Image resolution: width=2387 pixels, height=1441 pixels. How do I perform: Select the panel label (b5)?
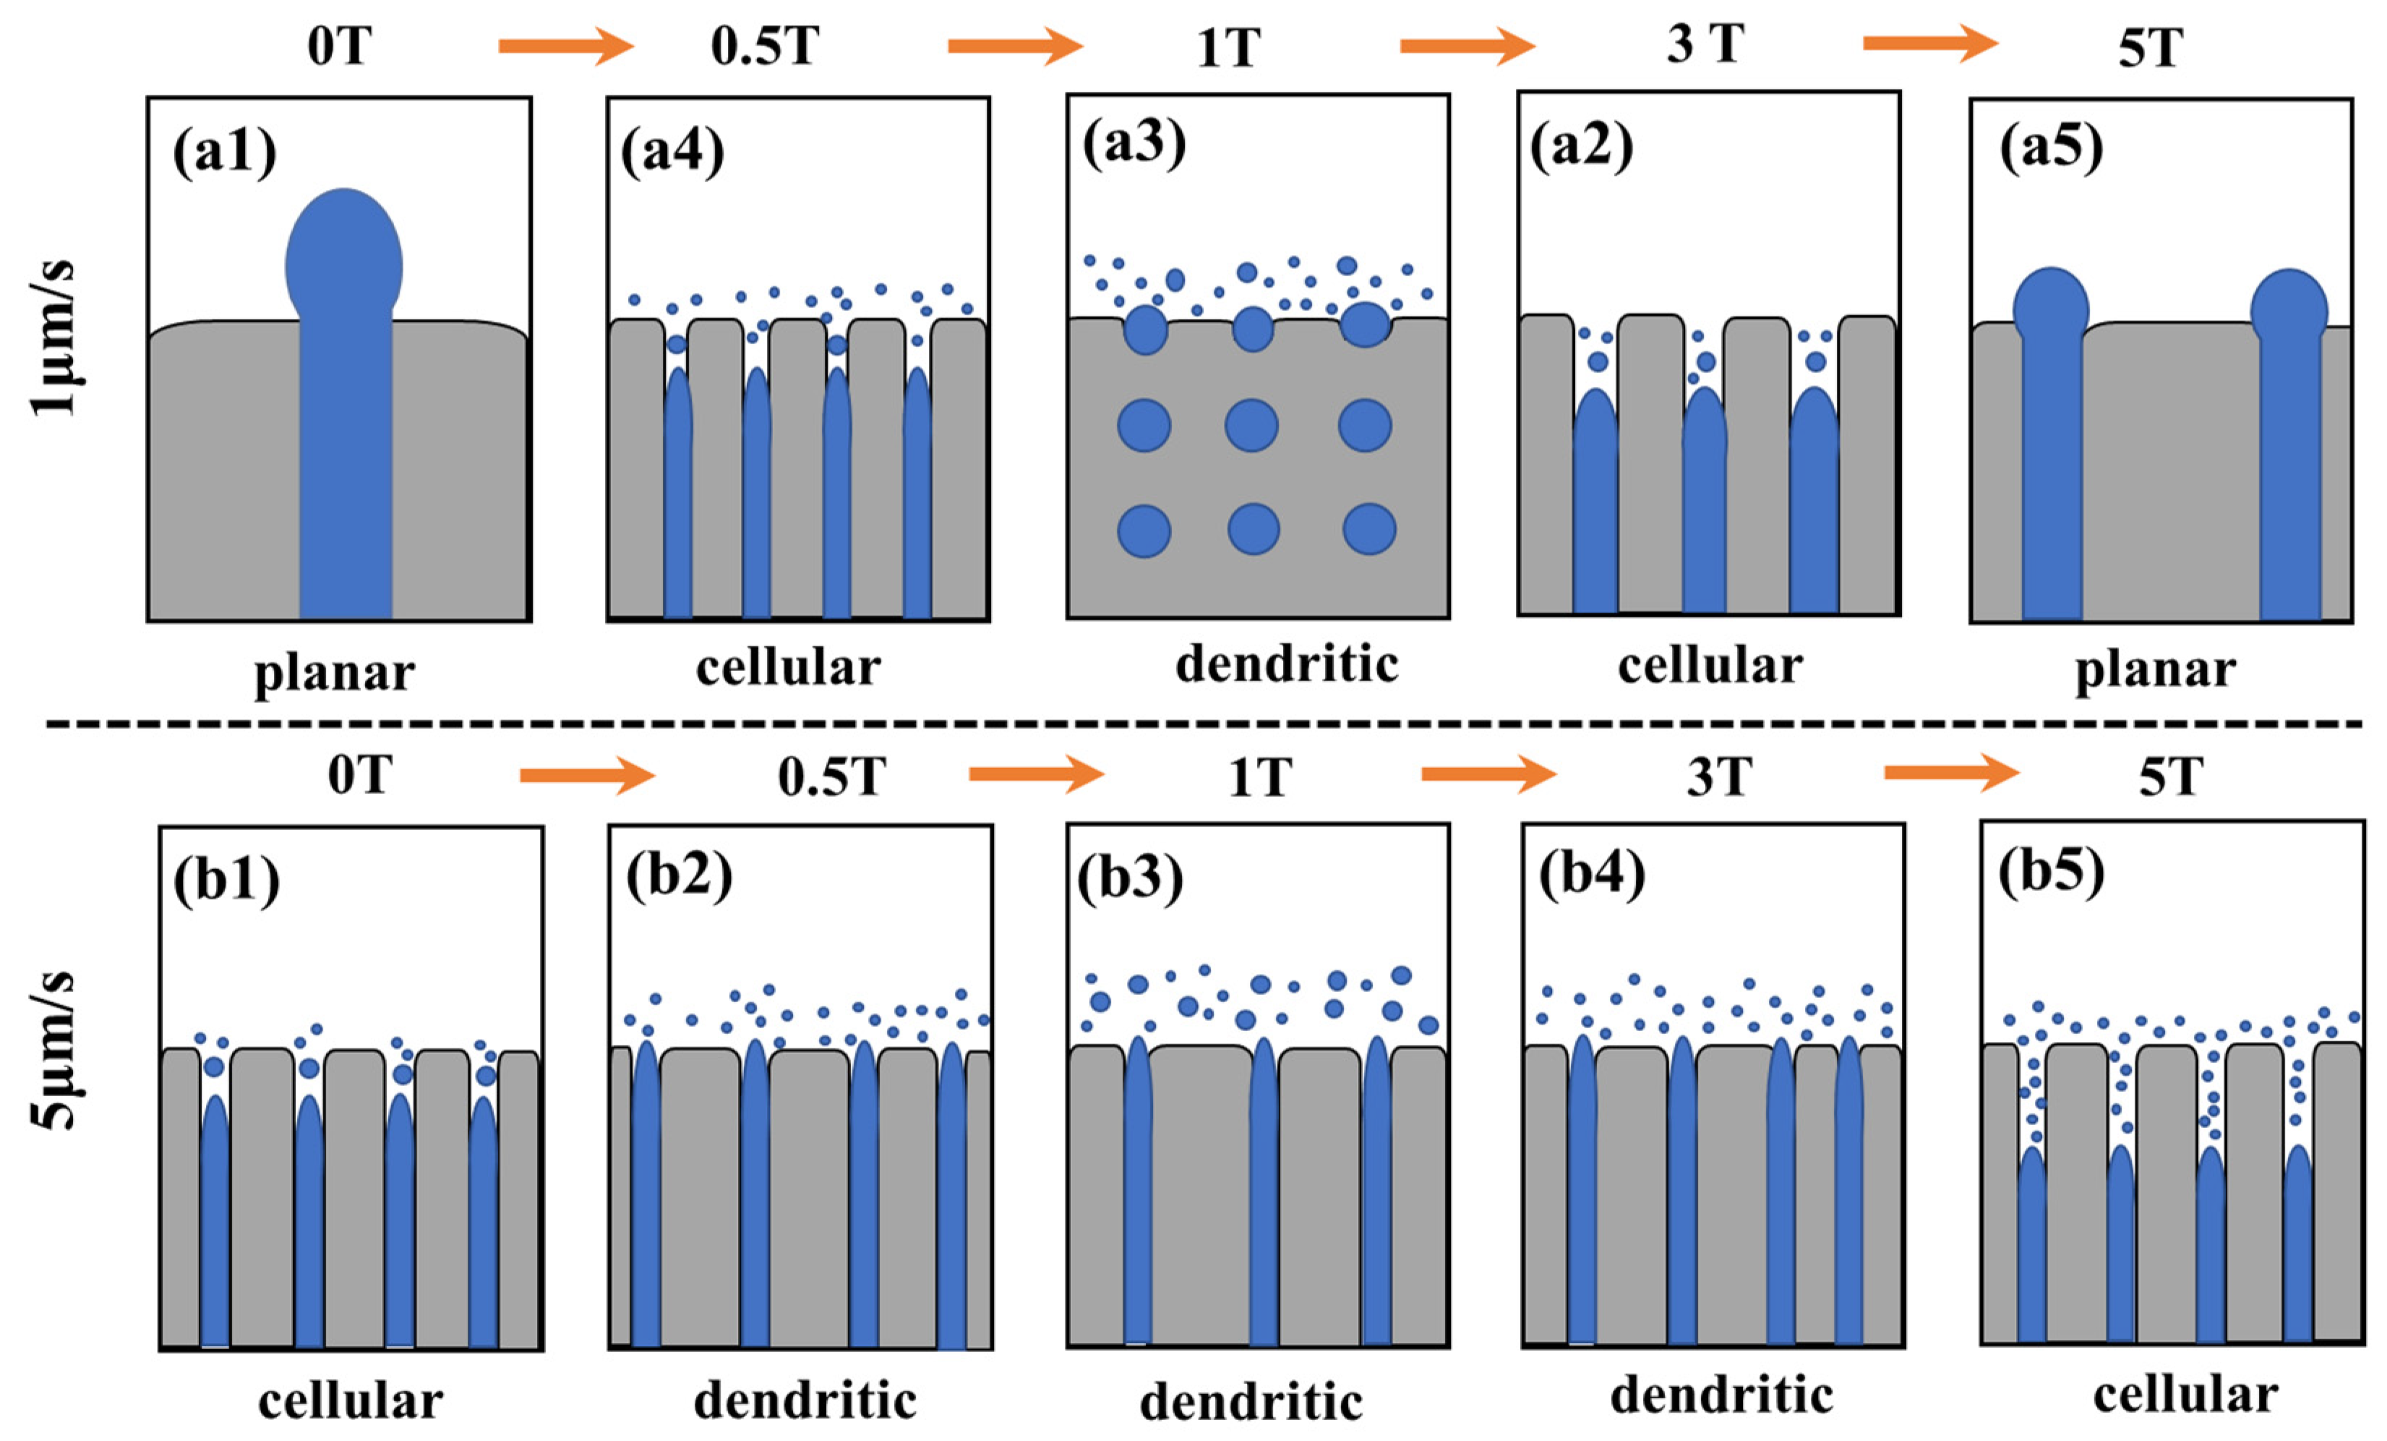click(2051, 872)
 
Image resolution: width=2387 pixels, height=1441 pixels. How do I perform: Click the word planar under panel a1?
click(334, 672)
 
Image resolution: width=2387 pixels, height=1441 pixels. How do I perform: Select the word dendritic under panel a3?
click(1287, 664)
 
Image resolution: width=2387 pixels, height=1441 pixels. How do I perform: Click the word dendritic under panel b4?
click(1721, 1396)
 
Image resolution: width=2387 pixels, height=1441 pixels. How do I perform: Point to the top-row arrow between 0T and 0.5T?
click(565, 46)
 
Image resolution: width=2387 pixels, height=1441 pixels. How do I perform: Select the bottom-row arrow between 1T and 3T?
click(1488, 774)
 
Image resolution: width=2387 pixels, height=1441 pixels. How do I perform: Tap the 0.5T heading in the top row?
click(766, 46)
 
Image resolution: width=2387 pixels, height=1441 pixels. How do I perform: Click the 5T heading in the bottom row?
click(2171, 777)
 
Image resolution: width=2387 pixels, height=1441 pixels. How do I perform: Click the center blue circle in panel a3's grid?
click(1251, 425)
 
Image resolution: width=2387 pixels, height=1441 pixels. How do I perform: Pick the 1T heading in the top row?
click(1228, 48)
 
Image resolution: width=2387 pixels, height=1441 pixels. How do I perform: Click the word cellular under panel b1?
click(351, 1401)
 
